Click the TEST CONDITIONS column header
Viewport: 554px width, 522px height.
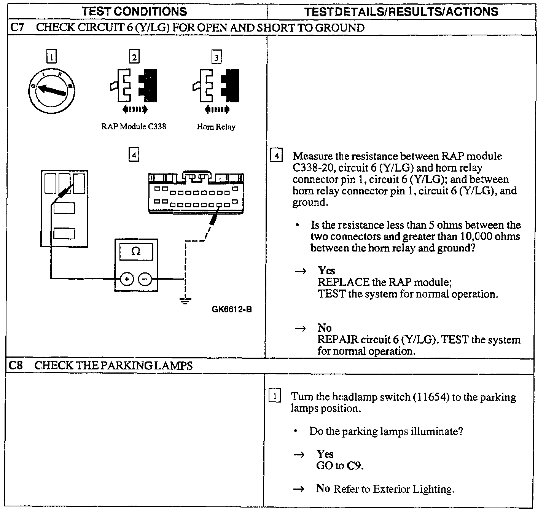134,11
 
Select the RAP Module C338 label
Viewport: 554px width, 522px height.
134,126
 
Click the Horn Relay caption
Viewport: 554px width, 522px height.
216,127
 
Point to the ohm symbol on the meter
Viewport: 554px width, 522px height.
135,251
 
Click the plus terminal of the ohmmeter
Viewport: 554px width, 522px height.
127,279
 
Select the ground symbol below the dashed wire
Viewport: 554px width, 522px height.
185,301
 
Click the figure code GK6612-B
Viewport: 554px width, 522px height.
231,309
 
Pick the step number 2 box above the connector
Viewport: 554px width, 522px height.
134,57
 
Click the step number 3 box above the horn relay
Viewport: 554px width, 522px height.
216,58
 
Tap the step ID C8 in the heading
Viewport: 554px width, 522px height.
16,366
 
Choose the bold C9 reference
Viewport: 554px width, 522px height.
354,466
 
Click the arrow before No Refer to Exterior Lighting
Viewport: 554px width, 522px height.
300,489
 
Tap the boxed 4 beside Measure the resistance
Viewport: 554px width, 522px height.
276,156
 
